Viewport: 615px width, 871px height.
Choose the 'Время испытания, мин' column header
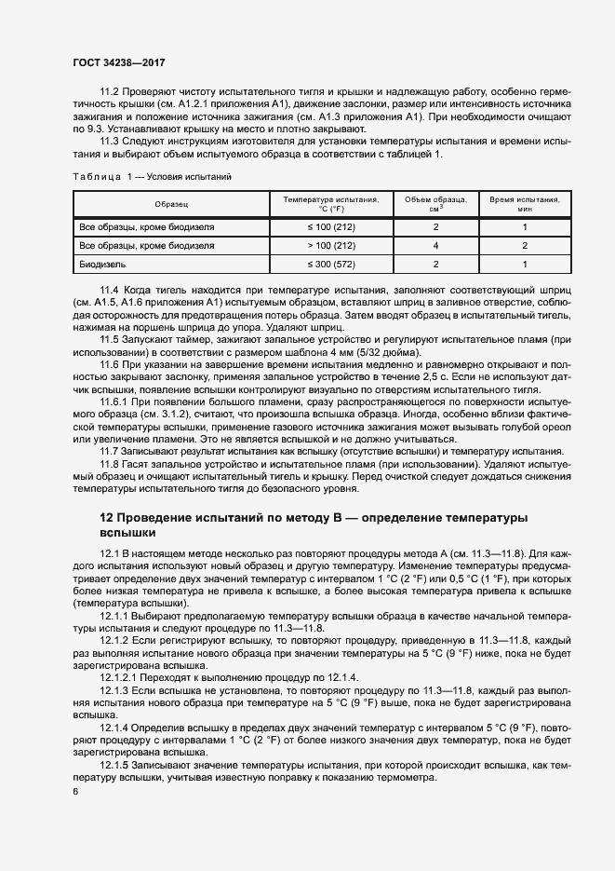tap(525, 203)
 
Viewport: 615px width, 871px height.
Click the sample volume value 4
tap(435, 246)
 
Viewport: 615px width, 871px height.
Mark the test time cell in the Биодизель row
tap(525, 265)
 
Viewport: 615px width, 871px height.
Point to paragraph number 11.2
tap(110, 92)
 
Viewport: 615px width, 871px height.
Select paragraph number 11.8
tap(110, 464)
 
